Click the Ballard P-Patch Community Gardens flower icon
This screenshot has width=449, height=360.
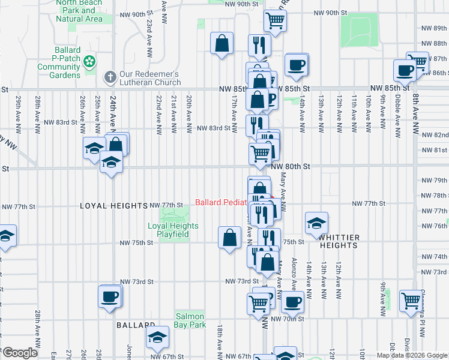tap(89, 61)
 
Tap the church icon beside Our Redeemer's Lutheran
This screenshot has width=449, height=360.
tap(110, 77)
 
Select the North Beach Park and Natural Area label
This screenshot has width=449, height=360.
tap(79, 11)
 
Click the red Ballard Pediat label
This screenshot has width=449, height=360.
tap(221, 202)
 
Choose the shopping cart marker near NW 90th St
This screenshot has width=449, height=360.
tap(276, 20)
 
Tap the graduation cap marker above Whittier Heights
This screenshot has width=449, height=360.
tap(316, 223)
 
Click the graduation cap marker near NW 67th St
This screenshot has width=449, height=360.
tap(158, 338)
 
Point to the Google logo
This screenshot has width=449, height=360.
tap(19, 352)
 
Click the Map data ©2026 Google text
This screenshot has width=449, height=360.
tap(412, 355)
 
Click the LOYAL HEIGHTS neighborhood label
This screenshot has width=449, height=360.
tap(113, 205)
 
